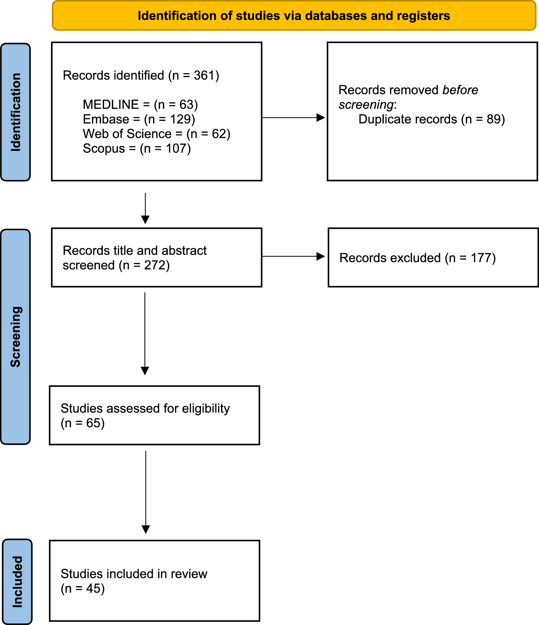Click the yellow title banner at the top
point(294,16)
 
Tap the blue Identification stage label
point(15,112)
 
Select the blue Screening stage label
point(15,337)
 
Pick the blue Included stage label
point(17,582)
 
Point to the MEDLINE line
point(140,105)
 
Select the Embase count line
point(139,119)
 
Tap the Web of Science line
point(156,134)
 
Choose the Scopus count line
point(137,149)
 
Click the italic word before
point(460,90)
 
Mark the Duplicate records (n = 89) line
point(432,119)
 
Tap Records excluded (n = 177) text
point(418,258)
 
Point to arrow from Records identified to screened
point(145,208)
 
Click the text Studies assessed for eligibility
point(145,408)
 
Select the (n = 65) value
point(83,423)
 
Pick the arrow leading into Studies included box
point(146,492)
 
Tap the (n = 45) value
point(83,589)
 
